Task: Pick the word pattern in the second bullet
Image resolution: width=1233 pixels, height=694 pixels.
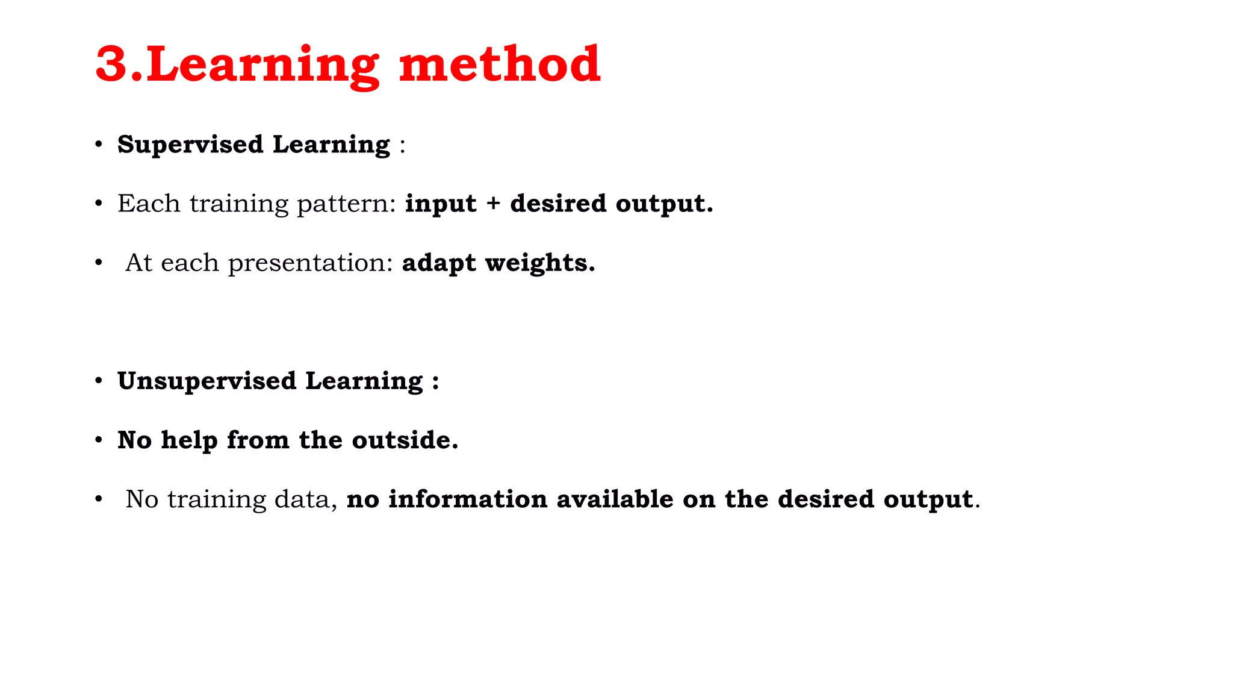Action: [x=346, y=204]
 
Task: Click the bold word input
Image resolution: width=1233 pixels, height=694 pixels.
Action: [x=441, y=204]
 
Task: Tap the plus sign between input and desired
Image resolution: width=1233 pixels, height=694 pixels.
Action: [x=494, y=204]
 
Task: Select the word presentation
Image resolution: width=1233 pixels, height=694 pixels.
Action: [x=310, y=263]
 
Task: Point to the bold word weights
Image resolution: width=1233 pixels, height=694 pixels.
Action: [x=540, y=263]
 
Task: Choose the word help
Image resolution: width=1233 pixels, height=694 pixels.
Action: [x=189, y=440]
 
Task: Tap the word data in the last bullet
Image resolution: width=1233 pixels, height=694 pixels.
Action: [x=305, y=499]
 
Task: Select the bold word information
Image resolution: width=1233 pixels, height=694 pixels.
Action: [x=467, y=499]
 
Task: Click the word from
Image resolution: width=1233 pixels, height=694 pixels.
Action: [x=258, y=440]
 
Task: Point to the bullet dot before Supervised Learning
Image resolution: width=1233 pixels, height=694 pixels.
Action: [x=99, y=145]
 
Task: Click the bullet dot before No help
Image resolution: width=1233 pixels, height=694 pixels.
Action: [x=99, y=440]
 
